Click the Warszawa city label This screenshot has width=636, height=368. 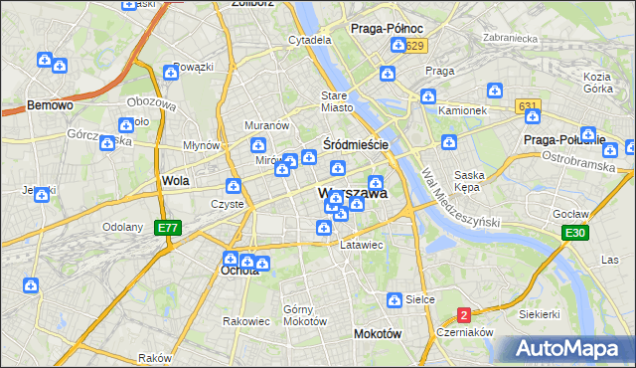(352, 194)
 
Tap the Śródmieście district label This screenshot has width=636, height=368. (355, 144)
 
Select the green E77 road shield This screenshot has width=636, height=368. (168, 228)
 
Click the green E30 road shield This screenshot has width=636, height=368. (573, 233)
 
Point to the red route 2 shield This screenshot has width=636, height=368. (464, 315)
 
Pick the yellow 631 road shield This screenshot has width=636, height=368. (528, 105)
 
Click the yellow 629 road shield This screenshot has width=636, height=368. (415, 47)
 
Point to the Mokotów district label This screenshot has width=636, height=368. (378, 334)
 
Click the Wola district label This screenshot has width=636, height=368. (175, 181)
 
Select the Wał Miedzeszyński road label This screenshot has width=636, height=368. (459, 198)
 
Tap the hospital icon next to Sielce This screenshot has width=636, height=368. (395, 299)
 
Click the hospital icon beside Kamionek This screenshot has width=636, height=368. (427, 96)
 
